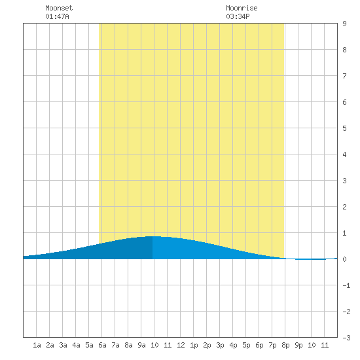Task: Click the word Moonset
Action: [x=59, y=8]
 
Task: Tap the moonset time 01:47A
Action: [x=57, y=16]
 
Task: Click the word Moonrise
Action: [x=242, y=8]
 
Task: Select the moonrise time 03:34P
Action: [x=238, y=16]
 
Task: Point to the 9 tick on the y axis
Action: [x=344, y=24]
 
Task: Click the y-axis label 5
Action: [x=344, y=128]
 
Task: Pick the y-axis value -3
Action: [x=346, y=338]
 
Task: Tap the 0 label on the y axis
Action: [x=344, y=259]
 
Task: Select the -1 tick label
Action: [x=346, y=285]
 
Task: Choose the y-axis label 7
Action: [x=344, y=76]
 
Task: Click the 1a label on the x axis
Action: [x=37, y=345]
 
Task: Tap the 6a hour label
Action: [x=102, y=345]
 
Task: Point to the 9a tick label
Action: [x=141, y=345]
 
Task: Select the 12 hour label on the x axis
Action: [x=181, y=345]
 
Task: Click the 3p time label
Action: [x=220, y=345]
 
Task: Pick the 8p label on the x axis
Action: [x=285, y=345]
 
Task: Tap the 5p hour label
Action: [x=246, y=345]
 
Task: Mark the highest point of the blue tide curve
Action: [x=153, y=236]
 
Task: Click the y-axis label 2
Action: [x=344, y=207]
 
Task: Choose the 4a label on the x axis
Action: [x=76, y=345]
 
